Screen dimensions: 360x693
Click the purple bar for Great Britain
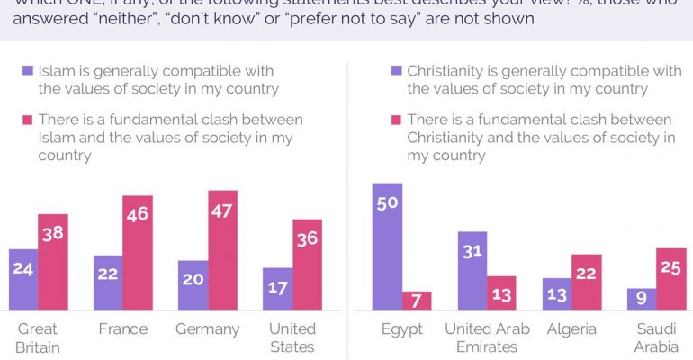tap(23, 279)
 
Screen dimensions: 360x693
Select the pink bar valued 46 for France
tap(138, 253)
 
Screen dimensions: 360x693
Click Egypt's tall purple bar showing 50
tap(387, 247)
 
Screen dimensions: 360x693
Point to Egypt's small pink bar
tap(417, 301)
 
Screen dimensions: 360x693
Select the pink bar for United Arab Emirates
tap(501, 292)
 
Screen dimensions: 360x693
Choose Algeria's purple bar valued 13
tap(556, 293)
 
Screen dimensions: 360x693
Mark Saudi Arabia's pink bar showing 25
tap(671, 279)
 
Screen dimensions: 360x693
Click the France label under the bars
tap(123, 329)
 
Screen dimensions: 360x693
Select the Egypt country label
tap(402, 329)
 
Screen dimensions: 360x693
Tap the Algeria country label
tap(571, 329)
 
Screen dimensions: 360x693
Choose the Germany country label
tap(208, 329)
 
